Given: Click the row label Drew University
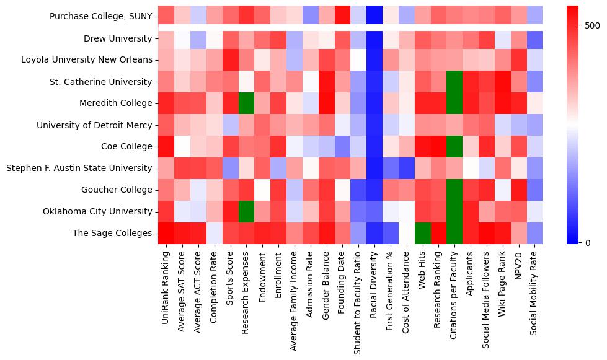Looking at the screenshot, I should point(118,38).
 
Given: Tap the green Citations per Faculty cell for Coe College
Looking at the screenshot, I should point(453,146).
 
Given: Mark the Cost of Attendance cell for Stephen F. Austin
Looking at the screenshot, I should point(405,168).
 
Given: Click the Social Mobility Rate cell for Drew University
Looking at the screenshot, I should point(534,38).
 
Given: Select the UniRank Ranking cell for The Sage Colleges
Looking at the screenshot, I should point(166,233).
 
